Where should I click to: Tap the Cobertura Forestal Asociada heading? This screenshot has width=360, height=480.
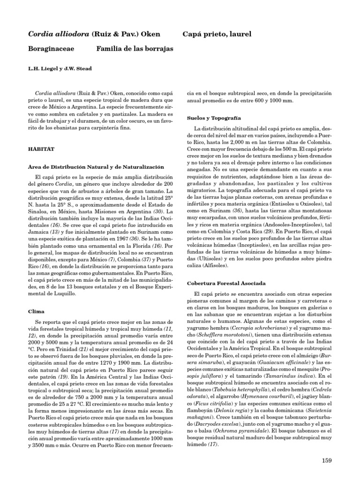click(226, 283)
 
